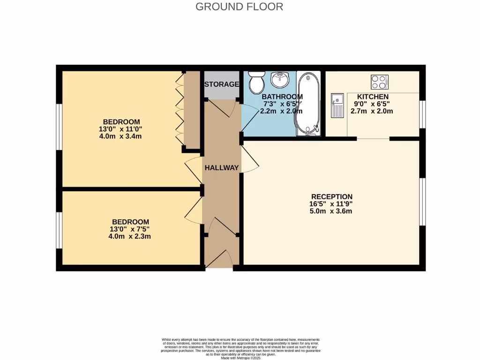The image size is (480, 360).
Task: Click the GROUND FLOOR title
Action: pyautogui.click(x=239, y=7)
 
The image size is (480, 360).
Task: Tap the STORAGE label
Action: pyautogui.click(x=222, y=84)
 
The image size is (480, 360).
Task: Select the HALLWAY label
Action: pyautogui.click(x=222, y=168)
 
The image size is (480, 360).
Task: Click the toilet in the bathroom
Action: pyautogui.click(x=256, y=83)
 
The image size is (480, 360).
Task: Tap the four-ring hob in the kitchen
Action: pyautogui.click(x=380, y=82)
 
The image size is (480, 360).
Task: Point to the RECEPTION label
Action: pyautogui.click(x=332, y=196)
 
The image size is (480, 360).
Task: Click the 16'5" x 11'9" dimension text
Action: pyautogui.click(x=332, y=204)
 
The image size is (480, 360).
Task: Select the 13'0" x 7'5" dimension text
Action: pyautogui.click(x=130, y=229)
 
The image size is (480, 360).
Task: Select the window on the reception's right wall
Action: pyautogui.click(x=422, y=202)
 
